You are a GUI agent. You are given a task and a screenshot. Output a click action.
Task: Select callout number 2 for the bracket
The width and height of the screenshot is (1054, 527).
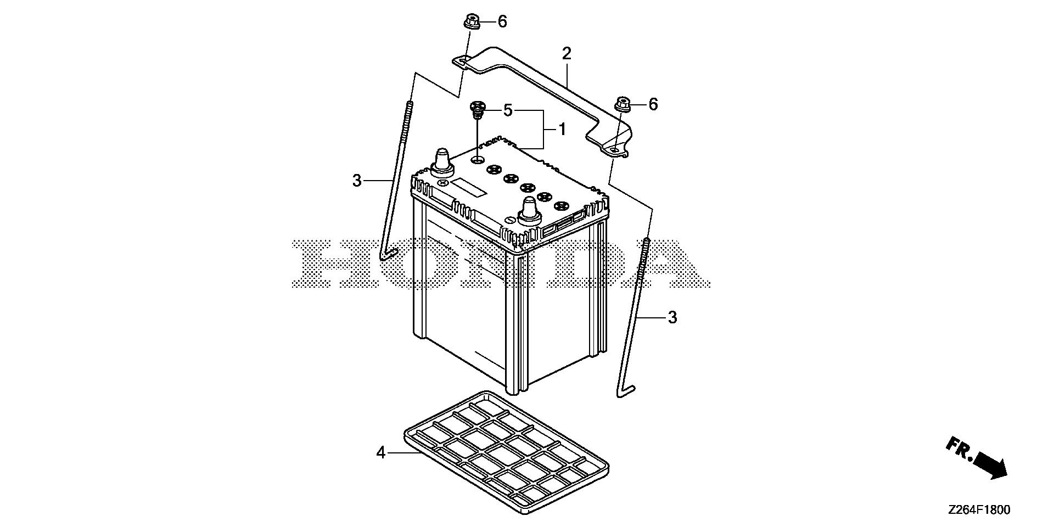tap(567, 54)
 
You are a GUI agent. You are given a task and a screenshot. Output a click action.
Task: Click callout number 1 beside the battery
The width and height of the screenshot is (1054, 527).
tap(562, 129)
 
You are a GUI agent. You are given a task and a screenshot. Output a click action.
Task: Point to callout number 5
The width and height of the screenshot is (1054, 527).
tap(508, 110)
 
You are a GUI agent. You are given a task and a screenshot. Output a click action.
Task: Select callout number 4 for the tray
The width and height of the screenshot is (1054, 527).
tap(381, 453)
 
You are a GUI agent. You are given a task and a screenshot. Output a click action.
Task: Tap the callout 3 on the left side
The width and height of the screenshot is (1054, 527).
tap(357, 180)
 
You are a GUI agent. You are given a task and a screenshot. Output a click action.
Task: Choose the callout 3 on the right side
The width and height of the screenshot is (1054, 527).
tap(672, 317)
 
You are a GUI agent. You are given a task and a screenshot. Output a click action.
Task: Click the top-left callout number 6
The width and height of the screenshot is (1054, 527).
tap(502, 22)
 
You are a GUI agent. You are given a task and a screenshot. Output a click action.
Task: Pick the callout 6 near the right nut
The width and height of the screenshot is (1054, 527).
tap(653, 104)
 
